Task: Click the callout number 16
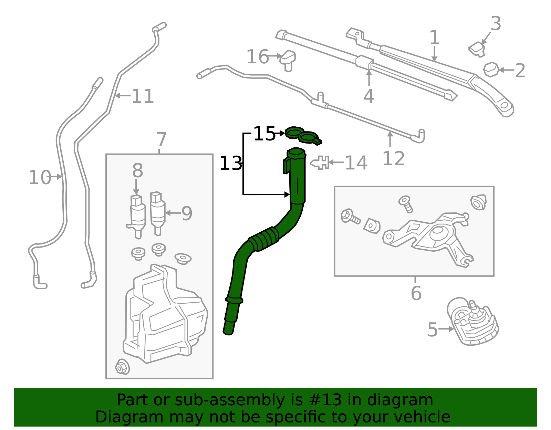257,57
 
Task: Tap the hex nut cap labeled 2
491,70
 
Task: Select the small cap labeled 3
477,49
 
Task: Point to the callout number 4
369,96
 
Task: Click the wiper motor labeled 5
472,322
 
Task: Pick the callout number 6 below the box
416,293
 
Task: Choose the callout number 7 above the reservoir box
162,140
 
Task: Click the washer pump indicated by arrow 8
138,217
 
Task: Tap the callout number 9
187,213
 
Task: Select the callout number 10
40,177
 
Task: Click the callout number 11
143,96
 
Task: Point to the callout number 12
393,159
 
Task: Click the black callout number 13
230,164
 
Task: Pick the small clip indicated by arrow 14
320,163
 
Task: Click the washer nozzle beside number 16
288,61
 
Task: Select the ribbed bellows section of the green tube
264,239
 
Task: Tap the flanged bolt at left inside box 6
350,217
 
